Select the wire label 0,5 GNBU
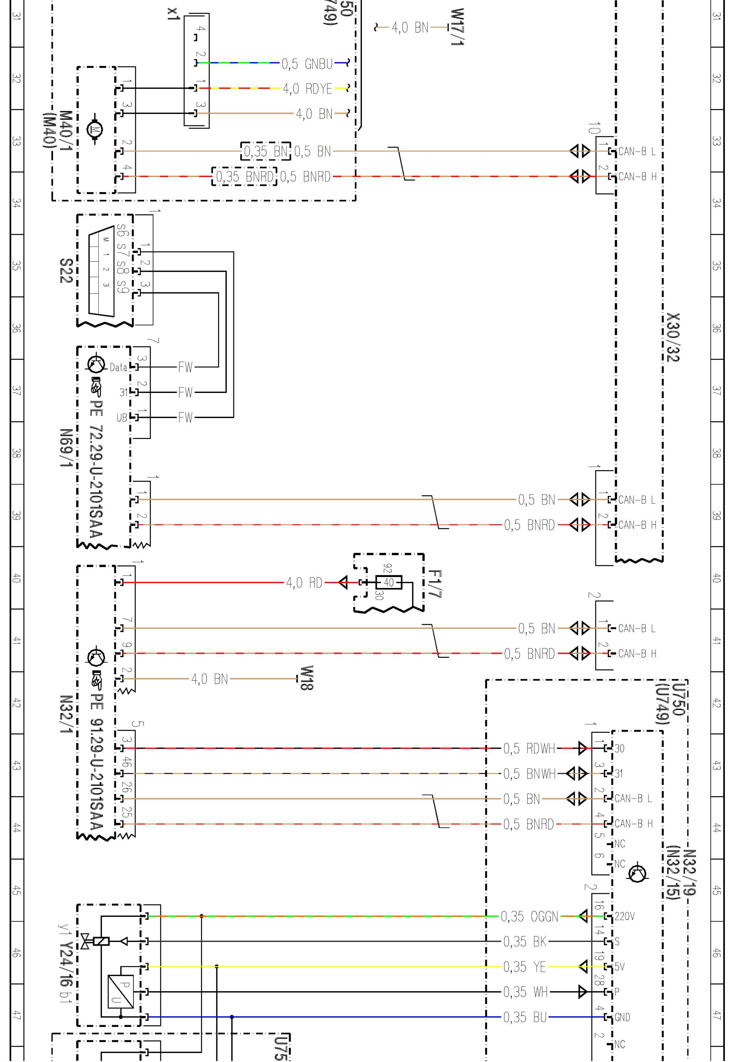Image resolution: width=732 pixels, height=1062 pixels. coord(307,63)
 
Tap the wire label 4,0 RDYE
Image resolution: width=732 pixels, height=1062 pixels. coord(307,88)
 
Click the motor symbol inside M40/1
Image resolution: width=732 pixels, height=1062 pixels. coord(96,130)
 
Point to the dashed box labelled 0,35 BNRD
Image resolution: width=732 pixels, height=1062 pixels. coord(245,177)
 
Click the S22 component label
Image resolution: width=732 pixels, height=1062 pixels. coord(66,270)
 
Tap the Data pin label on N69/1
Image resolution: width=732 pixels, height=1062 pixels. coord(118,367)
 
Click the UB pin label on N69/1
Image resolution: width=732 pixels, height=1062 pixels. coord(121,418)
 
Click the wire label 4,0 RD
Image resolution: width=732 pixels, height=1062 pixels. coord(304,583)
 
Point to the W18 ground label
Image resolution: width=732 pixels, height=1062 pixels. coord(307,678)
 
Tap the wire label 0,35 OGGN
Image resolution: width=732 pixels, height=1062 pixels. coord(529,917)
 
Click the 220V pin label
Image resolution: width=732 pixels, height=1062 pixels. coord(624,917)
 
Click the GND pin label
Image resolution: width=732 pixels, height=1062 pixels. coord(622,1017)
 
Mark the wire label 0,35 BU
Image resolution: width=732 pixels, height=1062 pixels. coord(525,1017)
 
